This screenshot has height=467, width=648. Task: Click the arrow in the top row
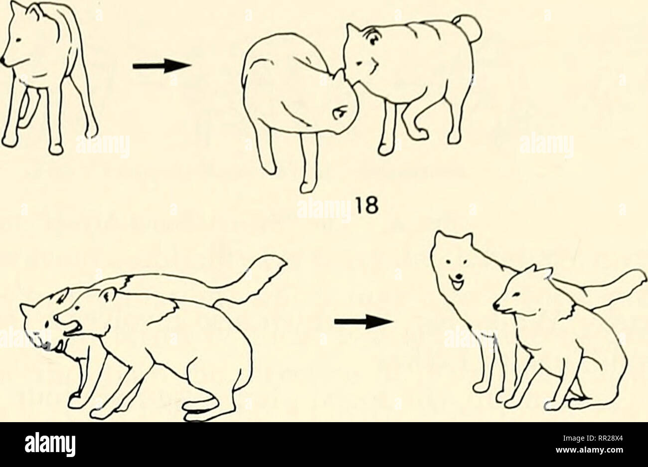click(162, 66)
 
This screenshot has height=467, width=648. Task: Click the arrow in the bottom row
click(364, 322)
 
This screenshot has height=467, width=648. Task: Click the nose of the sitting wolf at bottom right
click(496, 306)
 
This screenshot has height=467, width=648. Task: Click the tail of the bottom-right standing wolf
click(611, 286)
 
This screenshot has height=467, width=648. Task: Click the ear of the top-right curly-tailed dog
click(352, 31)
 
